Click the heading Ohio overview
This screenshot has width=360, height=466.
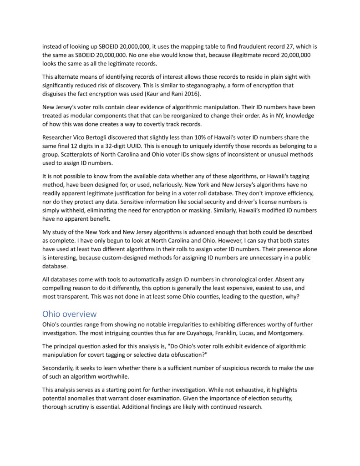pyautogui.click(x=69, y=314)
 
